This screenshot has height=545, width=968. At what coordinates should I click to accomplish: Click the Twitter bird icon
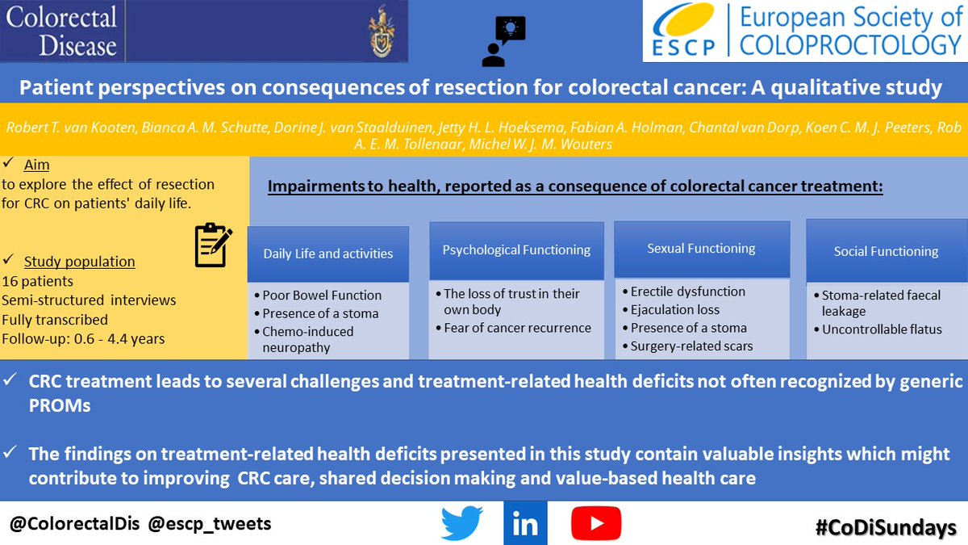462,524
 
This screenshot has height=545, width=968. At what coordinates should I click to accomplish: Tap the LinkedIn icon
525,524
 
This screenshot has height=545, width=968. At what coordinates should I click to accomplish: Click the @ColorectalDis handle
73,524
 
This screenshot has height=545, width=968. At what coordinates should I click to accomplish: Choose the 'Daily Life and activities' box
328,254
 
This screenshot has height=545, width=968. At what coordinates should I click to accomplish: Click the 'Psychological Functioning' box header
516,249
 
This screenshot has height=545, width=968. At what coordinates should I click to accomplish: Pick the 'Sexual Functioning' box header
701,249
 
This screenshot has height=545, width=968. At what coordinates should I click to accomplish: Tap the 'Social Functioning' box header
886,251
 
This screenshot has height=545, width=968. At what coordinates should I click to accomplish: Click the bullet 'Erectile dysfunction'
687,291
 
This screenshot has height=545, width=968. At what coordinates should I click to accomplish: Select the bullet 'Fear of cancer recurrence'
517,328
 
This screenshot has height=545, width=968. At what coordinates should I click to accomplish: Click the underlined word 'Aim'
36,165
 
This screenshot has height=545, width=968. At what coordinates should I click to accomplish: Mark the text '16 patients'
37,282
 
